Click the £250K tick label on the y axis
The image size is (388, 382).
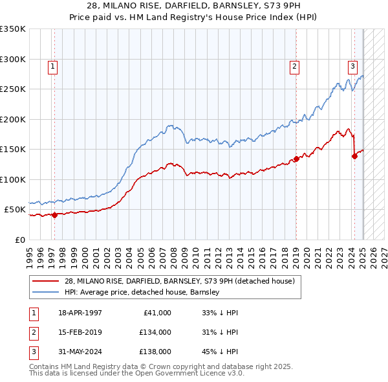(13, 89)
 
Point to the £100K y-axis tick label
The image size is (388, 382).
(13, 179)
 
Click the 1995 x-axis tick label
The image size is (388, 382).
(30, 254)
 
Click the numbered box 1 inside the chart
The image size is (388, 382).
(52, 65)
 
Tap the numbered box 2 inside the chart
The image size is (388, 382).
(294, 65)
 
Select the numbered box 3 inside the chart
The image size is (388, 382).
(352, 65)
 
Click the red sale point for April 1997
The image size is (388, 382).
(54, 216)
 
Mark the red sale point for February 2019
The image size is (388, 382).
(296, 159)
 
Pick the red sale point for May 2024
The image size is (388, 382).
(354, 156)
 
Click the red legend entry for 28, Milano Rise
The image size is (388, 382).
(180, 280)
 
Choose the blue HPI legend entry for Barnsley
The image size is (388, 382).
(142, 292)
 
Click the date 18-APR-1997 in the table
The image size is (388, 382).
(80, 313)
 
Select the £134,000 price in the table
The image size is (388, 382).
(155, 332)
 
